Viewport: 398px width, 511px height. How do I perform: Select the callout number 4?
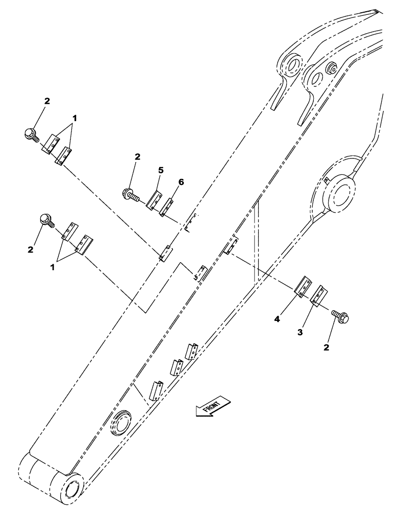point(276,319)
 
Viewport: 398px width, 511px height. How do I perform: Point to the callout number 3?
point(301,333)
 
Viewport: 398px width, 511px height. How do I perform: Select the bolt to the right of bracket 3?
point(341,316)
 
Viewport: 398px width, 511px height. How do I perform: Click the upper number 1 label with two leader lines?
point(75,118)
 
